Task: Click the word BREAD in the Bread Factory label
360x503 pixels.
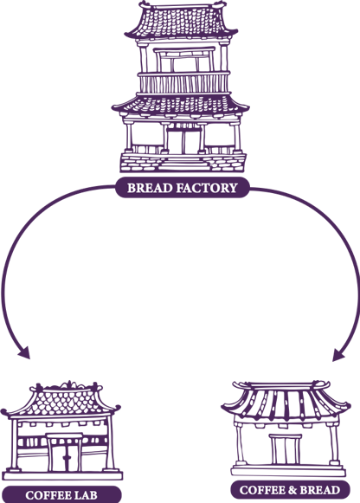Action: [151, 188]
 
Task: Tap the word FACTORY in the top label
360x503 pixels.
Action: [208, 188]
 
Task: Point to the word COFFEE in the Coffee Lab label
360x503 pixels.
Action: [48, 495]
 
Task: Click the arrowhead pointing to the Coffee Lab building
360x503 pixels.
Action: [24, 353]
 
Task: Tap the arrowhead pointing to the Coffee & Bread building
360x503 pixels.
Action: [338, 355]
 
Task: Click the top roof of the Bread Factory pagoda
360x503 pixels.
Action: [181, 21]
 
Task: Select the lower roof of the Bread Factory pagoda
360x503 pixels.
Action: [181, 105]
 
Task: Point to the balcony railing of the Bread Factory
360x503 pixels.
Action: [183, 83]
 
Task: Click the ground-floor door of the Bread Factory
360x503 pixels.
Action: [183, 140]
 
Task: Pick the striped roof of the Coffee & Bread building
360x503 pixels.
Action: [286, 401]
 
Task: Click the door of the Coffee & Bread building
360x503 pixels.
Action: [286, 449]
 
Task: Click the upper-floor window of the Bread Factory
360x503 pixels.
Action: [184, 60]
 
